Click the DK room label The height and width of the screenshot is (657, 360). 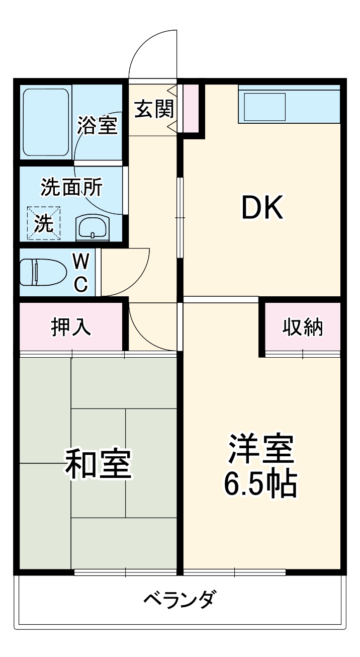(262, 208)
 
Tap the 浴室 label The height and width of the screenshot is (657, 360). (98, 125)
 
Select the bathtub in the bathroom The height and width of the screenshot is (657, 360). (46, 123)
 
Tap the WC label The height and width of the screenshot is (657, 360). (81, 272)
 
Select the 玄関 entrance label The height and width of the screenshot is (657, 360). (153, 109)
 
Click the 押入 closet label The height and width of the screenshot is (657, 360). (71, 326)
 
